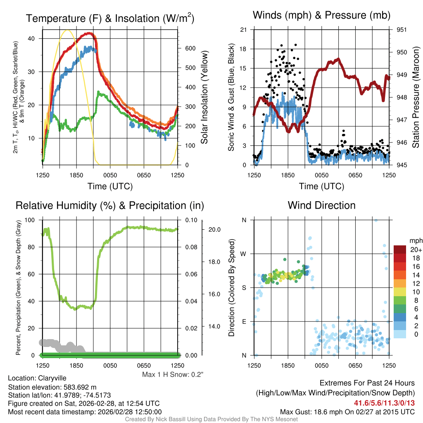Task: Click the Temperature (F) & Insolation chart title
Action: (110, 19)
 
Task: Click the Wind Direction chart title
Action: (321, 205)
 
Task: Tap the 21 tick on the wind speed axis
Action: (243, 30)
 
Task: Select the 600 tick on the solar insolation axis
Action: (190, 48)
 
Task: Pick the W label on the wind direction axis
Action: (244, 254)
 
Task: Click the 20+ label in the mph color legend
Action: (415, 250)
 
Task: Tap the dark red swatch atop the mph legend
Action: (400, 250)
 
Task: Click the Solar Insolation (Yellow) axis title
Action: (204, 97)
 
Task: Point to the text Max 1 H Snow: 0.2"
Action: (173, 375)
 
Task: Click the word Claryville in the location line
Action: (52, 378)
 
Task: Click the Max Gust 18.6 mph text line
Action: (347, 411)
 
